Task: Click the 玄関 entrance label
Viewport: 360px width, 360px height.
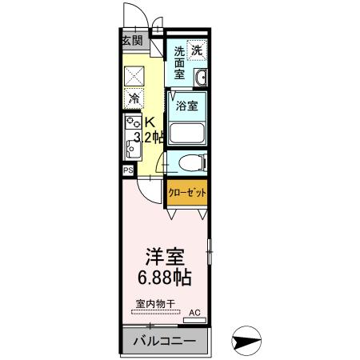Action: tap(132, 41)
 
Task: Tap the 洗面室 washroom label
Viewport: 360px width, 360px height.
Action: tap(180, 62)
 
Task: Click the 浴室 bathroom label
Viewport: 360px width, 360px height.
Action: tap(187, 103)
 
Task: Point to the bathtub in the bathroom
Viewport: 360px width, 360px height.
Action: tap(187, 133)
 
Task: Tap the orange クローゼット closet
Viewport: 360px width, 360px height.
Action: tap(186, 193)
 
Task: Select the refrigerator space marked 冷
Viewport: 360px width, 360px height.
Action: tap(133, 99)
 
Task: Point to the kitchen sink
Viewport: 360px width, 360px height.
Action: tap(131, 147)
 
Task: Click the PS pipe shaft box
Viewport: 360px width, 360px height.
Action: tap(128, 170)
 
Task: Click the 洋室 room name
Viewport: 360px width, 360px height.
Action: tap(165, 258)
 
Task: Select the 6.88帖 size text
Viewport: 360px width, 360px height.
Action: tap(165, 279)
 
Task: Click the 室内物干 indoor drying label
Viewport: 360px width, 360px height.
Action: tap(156, 304)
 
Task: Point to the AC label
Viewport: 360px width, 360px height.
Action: tap(194, 314)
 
